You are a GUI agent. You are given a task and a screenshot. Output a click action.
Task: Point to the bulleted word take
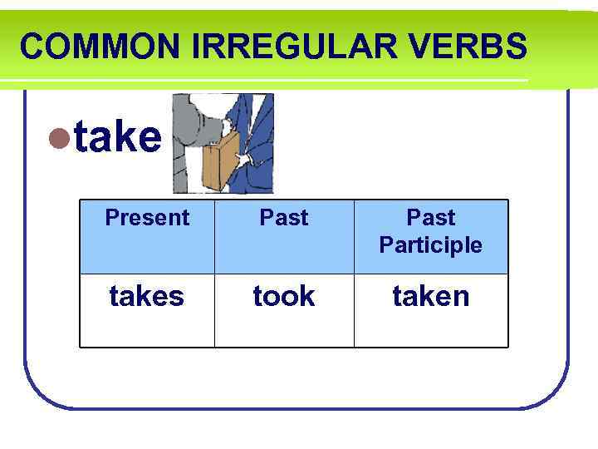pyautogui.click(x=117, y=137)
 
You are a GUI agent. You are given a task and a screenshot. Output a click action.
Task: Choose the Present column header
pyautogui.click(x=147, y=218)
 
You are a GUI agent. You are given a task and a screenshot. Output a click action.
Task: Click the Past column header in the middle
pyautogui.click(x=284, y=218)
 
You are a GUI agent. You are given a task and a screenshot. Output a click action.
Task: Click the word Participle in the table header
pyautogui.click(x=430, y=245)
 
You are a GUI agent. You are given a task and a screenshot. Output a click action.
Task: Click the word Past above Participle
pyautogui.click(x=430, y=218)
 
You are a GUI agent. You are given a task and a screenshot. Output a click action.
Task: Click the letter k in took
pyautogui.click(x=307, y=296)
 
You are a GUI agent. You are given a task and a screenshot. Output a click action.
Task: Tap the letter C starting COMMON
pyautogui.click(x=31, y=47)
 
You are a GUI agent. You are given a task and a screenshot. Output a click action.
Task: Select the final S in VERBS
pyautogui.click(x=517, y=47)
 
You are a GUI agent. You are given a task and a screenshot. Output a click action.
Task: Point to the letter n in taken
pyautogui.click(x=461, y=297)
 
